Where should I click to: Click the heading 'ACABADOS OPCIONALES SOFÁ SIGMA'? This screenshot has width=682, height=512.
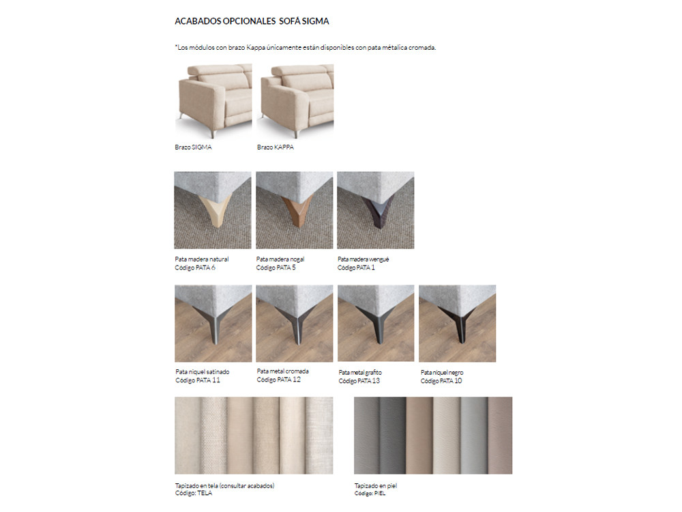252,21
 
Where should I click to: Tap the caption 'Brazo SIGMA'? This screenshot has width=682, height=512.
193,147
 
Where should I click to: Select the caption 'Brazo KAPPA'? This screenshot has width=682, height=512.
276,147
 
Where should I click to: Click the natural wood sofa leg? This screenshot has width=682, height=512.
215,210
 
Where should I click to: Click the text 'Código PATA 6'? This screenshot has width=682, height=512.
195,268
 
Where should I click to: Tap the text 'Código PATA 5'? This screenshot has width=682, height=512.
276,268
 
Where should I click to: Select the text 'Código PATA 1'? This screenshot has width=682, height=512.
356,268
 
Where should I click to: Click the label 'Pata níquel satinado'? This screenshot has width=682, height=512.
203,372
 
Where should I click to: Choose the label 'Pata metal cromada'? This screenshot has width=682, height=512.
283,371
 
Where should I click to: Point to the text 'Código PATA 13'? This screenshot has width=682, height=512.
359,381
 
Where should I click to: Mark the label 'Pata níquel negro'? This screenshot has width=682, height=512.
442,373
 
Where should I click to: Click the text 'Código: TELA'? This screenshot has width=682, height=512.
194,494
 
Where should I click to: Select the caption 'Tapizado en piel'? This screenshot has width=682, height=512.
376,486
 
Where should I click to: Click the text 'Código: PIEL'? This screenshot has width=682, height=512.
370,494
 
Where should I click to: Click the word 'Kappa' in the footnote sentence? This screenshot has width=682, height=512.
256,48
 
